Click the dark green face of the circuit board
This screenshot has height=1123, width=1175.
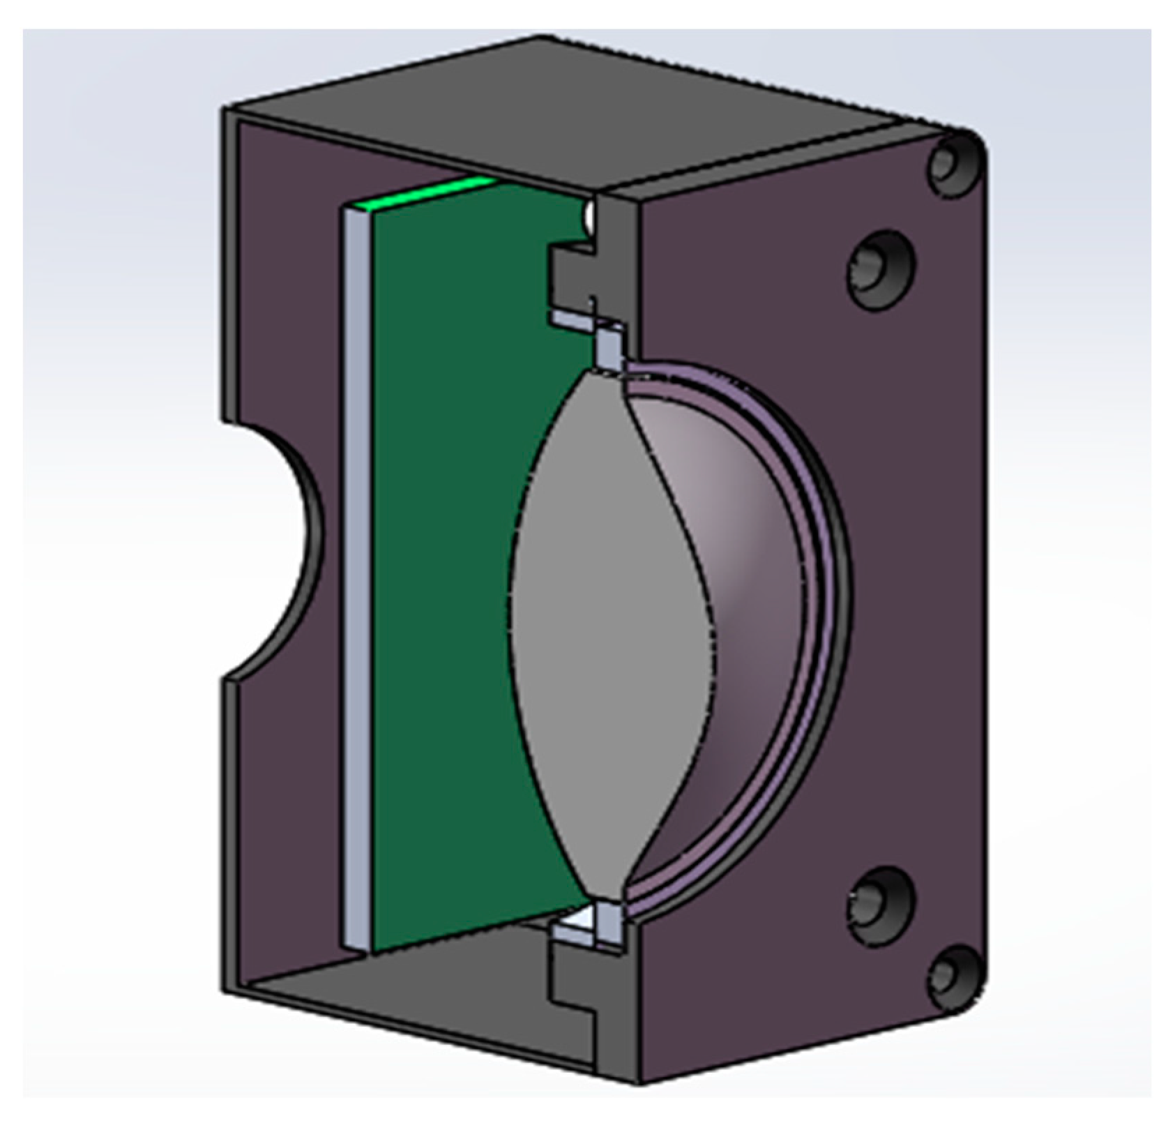[x=446, y=558]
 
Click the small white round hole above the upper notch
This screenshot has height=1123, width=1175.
[x=589, y=218]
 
